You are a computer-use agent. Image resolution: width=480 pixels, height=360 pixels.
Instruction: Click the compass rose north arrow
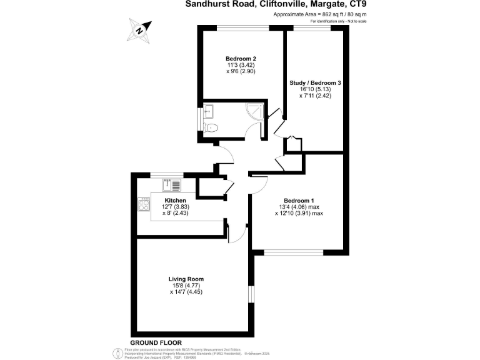[x=142, y=28]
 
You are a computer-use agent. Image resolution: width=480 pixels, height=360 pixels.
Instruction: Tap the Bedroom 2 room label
[x=241, y=59]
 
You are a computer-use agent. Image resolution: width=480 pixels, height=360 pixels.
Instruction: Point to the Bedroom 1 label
[x=299, y=200]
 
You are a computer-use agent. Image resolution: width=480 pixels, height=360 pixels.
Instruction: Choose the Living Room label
[x=186, y=279]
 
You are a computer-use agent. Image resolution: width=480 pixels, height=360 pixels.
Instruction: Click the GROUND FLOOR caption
[x=157, y=342]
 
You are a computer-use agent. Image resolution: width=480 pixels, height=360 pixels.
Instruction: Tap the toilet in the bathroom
[x=212, y=127]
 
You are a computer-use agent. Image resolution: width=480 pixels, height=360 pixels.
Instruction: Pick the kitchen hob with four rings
[x=144, y=204]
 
